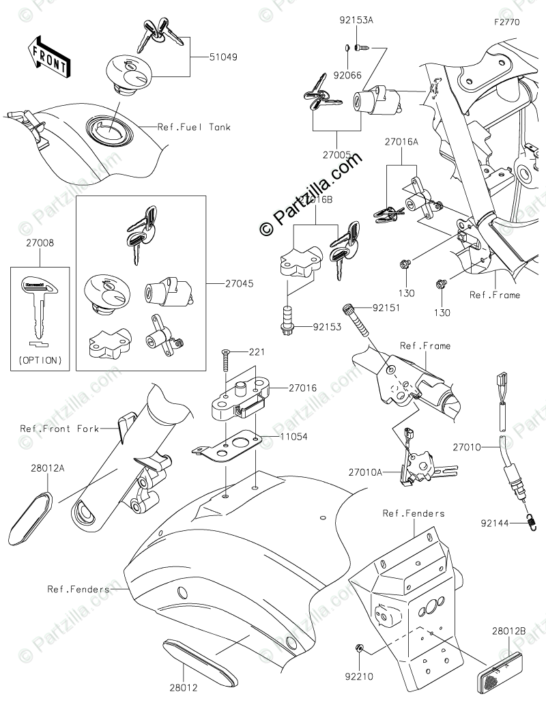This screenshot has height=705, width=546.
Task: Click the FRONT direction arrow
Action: pyautogui.click(x=47, y=57)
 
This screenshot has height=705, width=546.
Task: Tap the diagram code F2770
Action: pyautogui.click(x=507, y=22)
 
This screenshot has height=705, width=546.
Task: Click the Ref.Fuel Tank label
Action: pyautogui.click(x=194, y=127)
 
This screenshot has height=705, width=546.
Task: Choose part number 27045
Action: pyautogui.click(x=240, y=281)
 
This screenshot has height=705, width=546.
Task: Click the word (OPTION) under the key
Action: pyautogui.click(x=40, y=360)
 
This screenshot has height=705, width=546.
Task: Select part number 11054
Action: pyautogui.click(x=294, y=435)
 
